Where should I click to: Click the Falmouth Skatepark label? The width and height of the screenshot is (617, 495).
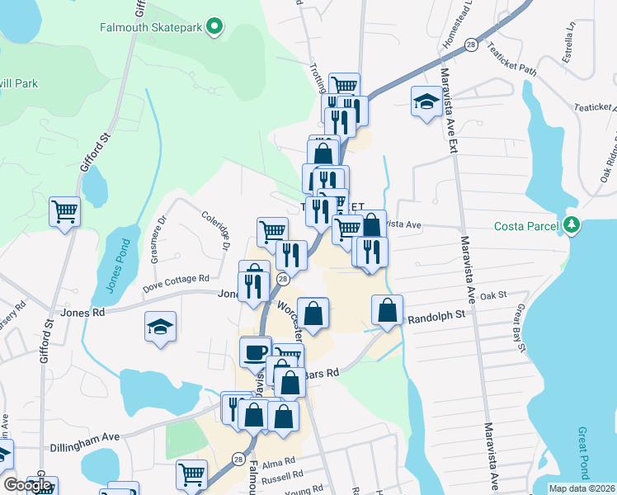coord(152,26)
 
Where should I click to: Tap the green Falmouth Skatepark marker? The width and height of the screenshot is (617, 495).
coord(215,26)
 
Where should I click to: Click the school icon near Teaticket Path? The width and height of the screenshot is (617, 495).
coord(426,101)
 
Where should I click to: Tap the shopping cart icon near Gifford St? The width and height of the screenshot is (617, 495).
coord(64,211)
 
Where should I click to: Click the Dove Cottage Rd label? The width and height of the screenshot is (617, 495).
coord(176,284)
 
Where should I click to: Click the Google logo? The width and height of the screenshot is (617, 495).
coord(27,485)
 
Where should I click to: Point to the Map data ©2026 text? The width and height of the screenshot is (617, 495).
coord(581,488)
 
